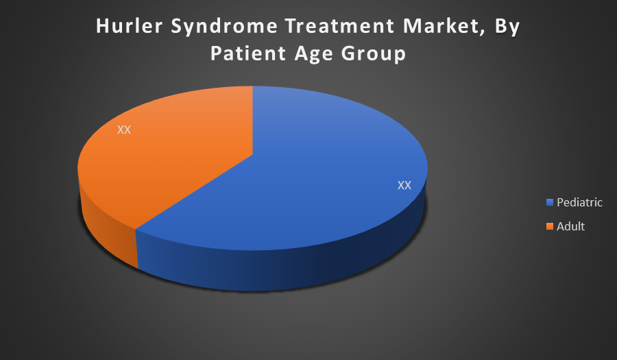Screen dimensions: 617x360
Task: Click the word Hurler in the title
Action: pyautogui.click(x=129, y=26)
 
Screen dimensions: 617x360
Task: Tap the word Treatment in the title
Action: pyautogui.click(x=340, y=26)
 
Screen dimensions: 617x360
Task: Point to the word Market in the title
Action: pyautogui.click(x=441, y=26)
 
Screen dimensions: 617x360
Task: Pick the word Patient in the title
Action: pyautogui.click(x=248, y=53)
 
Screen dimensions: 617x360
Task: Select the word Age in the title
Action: pyautogui.click(x=313, y=55)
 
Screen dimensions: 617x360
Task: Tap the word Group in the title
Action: pyautogui.click(x=373, y=55)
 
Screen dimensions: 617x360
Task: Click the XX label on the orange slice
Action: pyautogui.click(x=124, y=130)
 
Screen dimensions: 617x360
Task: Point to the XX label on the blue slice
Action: pyautogui.click(x=404, y=185)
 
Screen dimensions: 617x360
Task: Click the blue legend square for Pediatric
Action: pyautogui.click(x=550, y=202)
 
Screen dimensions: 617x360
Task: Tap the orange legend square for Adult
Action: pyautogui.click(x=550, y=226)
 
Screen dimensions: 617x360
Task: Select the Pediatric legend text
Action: pyautogui.click(x=579, y=202)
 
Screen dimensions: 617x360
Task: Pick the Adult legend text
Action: pyautogui.click(x=570, y=226)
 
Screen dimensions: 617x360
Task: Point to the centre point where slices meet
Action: pyautogui.click(x=252, y=154)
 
